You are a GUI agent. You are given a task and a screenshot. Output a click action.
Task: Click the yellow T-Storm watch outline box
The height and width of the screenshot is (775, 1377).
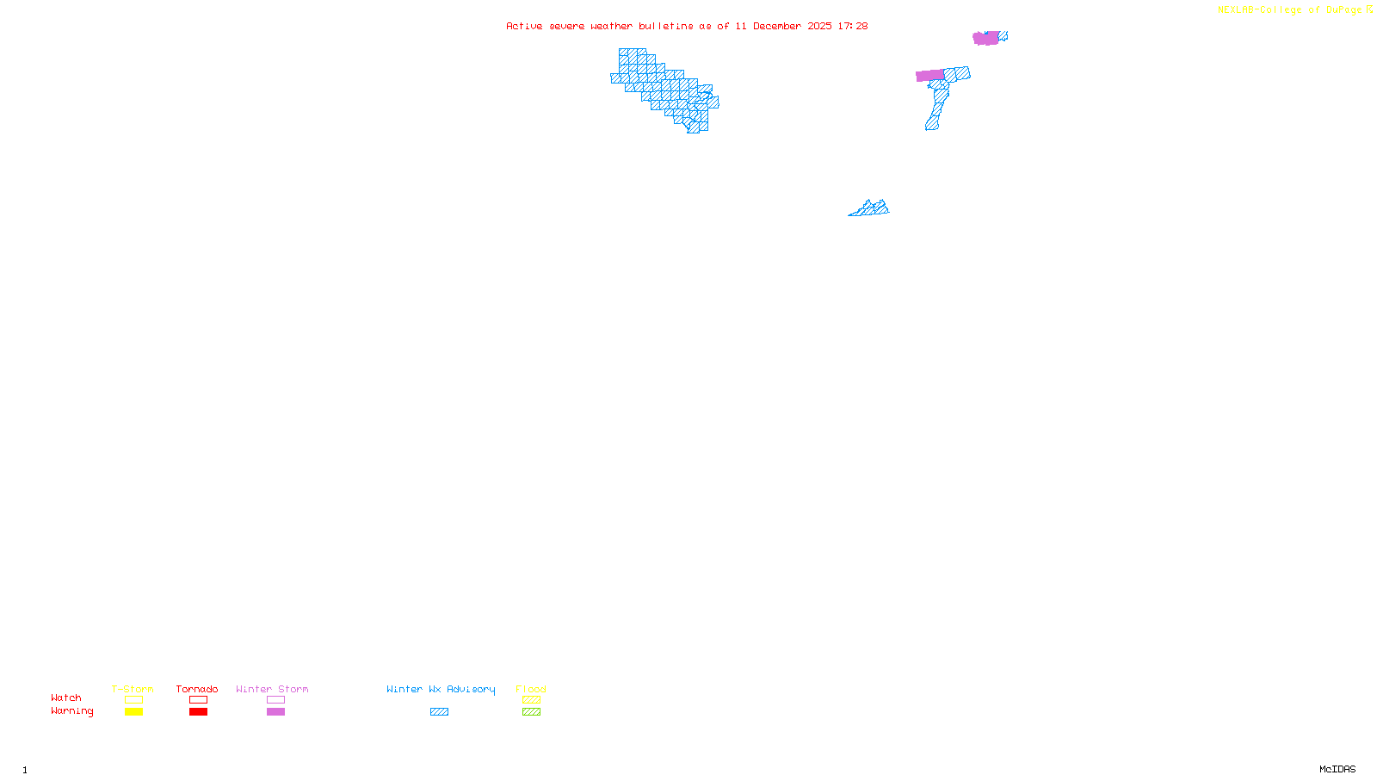coord(133,700)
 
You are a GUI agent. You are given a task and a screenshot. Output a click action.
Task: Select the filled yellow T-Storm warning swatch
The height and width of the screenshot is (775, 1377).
coord(133,712)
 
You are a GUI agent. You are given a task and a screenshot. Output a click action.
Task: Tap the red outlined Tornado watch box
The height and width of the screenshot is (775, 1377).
coord(198,700)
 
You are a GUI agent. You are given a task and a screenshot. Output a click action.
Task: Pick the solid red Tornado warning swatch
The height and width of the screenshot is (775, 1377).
coord(198,712)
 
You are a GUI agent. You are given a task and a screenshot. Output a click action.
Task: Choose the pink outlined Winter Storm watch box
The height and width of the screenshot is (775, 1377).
coord(275,700)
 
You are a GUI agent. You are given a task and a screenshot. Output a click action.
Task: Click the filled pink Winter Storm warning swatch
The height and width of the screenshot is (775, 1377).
coord(275,712)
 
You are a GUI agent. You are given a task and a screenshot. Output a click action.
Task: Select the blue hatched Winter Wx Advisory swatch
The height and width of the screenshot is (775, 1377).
coord(439,712)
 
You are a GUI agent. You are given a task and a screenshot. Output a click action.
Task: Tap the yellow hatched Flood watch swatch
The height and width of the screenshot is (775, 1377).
coord(531,700)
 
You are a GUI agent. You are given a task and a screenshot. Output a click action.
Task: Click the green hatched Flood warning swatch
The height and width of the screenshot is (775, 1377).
coord(531,712)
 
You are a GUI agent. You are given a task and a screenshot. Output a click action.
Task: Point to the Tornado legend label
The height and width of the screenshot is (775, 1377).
coord(197,689)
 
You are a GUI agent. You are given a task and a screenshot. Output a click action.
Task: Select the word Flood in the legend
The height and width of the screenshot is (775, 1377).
coord(531,689)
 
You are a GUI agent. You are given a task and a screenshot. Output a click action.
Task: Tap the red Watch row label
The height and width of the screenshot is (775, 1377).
coord(66,697)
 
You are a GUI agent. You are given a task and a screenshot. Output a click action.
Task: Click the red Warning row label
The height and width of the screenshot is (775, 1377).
coord(72,711)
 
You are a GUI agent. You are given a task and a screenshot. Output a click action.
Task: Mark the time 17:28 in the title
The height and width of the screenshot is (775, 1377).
coord(852,26)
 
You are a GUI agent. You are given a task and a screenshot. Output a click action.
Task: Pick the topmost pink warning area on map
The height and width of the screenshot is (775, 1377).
coord(985,38)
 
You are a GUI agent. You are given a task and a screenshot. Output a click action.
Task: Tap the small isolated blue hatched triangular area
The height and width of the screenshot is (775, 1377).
coord(870,208)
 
